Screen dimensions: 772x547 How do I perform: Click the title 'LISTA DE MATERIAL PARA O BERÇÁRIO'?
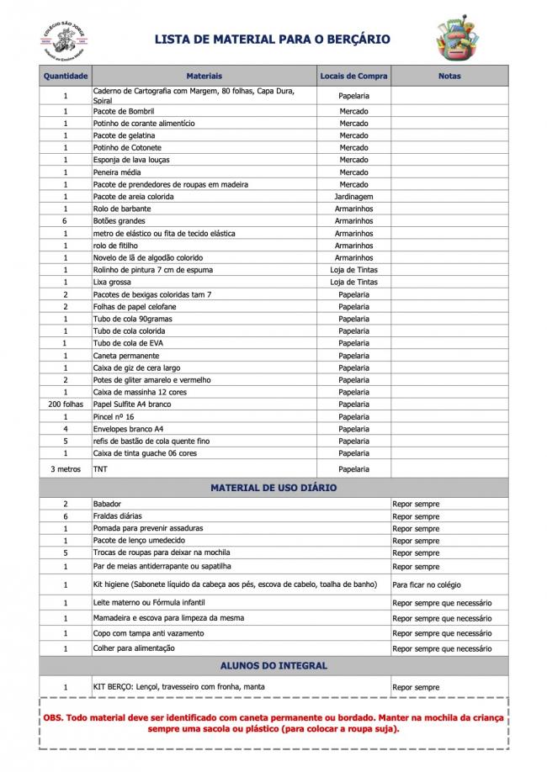click(272, 40)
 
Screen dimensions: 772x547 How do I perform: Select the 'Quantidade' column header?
click(66, 76)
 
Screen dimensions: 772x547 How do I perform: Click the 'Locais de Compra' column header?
click(353, 76)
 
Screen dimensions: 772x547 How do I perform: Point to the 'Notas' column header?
click(449, 76)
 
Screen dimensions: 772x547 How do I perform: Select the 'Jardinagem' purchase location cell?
click(353, 197)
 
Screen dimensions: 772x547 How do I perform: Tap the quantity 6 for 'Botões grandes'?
click(66, 221)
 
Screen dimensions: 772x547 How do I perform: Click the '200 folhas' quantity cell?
click(66, 405)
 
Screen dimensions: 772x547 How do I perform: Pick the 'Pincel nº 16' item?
click(114, 417)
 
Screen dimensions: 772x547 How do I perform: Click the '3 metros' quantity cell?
click(66, 468)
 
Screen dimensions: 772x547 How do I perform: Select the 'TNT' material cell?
click(100, 468)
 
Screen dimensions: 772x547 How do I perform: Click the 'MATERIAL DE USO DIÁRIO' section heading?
click(273, 488)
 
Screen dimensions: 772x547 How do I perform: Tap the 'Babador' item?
click(109, 504)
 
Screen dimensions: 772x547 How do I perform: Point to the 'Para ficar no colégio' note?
click(427, 584)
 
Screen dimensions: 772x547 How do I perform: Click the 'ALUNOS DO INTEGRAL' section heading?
click(273, 665)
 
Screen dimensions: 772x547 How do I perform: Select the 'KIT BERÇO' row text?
click(178, 687)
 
